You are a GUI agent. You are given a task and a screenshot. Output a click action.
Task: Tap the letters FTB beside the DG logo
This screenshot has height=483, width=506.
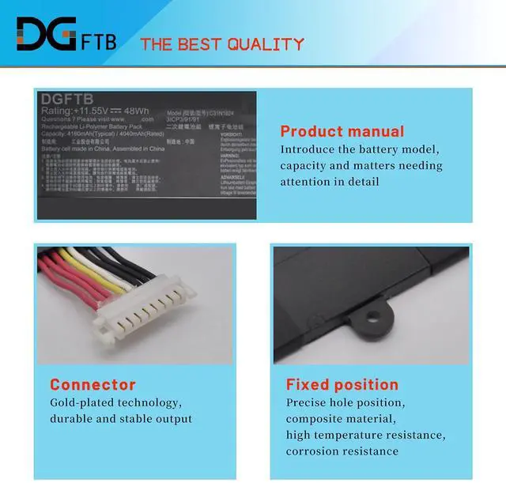tap(98, 40)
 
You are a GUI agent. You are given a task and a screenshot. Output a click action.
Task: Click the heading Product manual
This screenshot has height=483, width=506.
tap(342, 132)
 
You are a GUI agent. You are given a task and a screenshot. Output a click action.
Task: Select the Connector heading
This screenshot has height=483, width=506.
tap(93, 385)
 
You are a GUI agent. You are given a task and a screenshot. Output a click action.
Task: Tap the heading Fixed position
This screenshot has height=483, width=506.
tap(342, 385)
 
